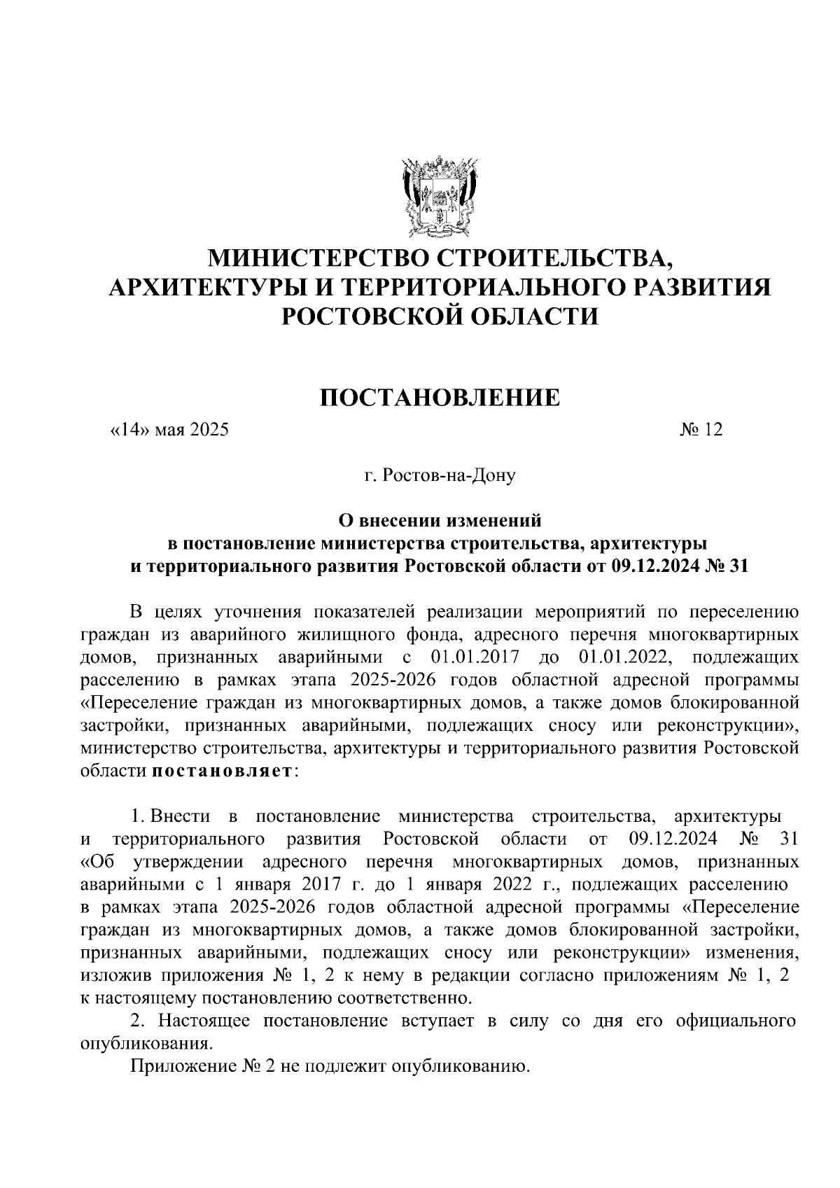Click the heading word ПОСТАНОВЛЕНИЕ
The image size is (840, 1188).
point(440,398)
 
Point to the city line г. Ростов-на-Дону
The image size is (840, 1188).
point(440,477)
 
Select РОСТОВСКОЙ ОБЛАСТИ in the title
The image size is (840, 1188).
point(440,316)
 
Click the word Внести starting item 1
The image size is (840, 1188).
point(180,816)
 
